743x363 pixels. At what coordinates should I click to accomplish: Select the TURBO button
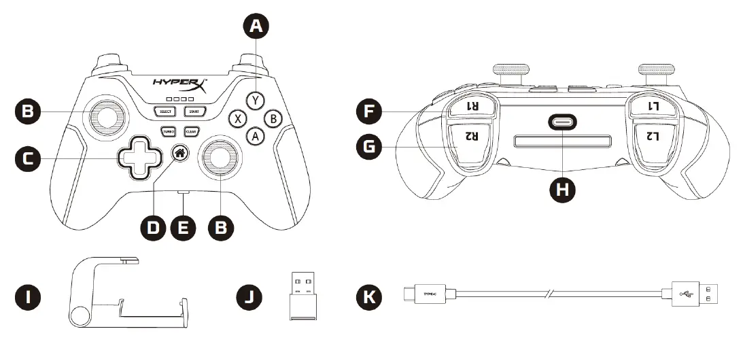[168, 131]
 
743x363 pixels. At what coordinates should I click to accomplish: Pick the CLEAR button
[191, 131]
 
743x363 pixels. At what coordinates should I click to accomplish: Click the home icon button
[180, 153]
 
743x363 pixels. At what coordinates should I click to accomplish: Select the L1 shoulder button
[653, 106]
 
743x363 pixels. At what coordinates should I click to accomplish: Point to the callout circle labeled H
[562, 190]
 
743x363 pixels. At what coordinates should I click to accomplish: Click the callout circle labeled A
[256, 27]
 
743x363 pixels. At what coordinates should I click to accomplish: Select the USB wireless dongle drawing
[299, 297]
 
